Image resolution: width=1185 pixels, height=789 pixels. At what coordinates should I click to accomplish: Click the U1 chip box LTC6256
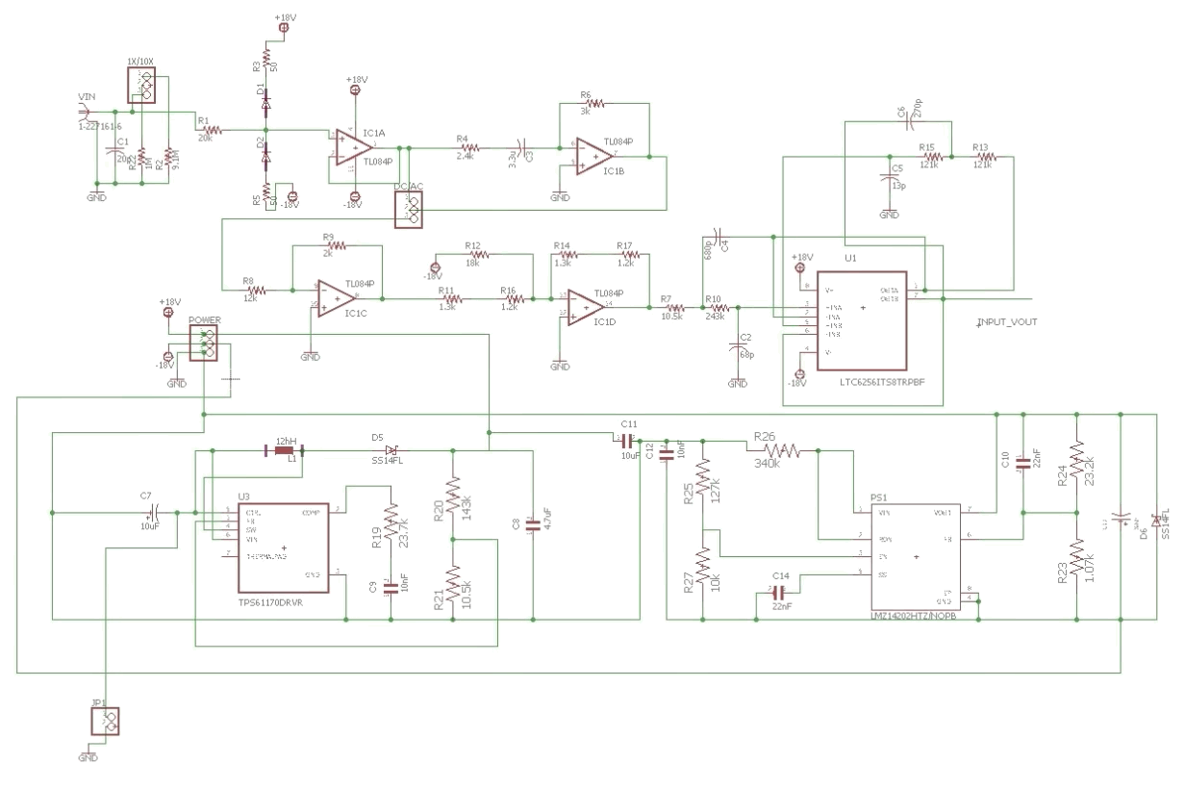(862, 319)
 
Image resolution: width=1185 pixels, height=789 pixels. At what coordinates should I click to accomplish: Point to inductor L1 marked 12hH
(284, 448)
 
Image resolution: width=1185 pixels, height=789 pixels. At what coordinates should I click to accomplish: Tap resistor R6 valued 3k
(595, 101)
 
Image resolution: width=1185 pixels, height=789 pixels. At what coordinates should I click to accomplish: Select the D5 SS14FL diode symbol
(391, 449)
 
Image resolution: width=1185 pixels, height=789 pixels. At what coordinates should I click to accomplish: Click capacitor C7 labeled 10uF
(149, 513)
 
